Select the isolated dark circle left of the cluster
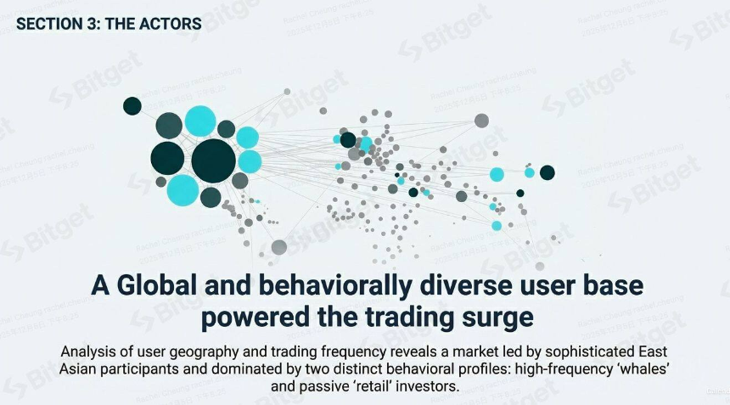point(132,106)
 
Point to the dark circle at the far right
point(547,172)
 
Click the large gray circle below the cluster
point(279,247)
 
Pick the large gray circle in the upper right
point(481,121)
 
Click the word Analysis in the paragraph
point(89,352)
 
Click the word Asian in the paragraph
point(79,369)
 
